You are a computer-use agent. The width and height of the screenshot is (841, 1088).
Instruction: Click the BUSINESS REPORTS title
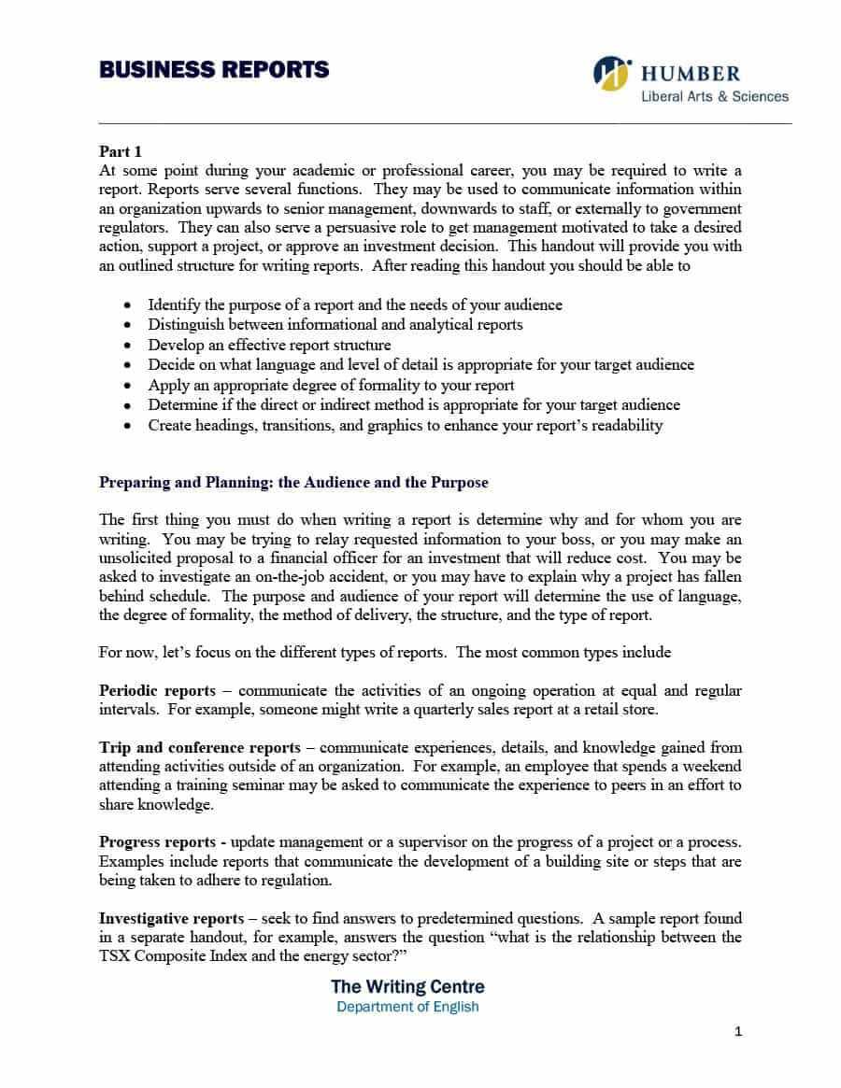tap(214, 70)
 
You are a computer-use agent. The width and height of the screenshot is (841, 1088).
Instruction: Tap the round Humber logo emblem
tap(612, 74)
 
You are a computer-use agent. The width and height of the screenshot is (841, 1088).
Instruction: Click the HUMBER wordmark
tap(690, 74)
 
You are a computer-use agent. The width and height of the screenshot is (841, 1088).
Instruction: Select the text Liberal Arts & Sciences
tap(714, 96)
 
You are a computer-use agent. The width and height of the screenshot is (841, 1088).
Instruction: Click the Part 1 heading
tap(121, 151)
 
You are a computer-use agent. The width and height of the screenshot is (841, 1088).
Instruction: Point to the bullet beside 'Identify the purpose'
tap(128, 305)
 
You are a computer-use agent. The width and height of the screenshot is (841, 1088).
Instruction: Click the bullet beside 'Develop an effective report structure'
tap(128, 346)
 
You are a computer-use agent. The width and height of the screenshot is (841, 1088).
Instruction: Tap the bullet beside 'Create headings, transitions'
tap(128, 426)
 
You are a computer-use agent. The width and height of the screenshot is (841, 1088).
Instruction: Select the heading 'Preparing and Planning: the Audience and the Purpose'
tap(293, 483)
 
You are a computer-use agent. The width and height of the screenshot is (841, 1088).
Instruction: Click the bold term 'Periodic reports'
tap(157, 691)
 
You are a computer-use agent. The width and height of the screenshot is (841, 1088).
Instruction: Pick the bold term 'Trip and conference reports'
tap(200, 748)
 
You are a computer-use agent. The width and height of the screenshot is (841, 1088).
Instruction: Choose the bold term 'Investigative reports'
tap(172, 920)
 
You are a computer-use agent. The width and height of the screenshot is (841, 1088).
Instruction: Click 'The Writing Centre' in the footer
tap(407, 986)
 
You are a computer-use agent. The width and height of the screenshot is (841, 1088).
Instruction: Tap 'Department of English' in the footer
tap(407, 1007)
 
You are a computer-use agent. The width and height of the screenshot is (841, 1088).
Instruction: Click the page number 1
tap(738, 1032)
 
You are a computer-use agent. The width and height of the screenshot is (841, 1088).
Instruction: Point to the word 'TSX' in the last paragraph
tap(116, 955)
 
